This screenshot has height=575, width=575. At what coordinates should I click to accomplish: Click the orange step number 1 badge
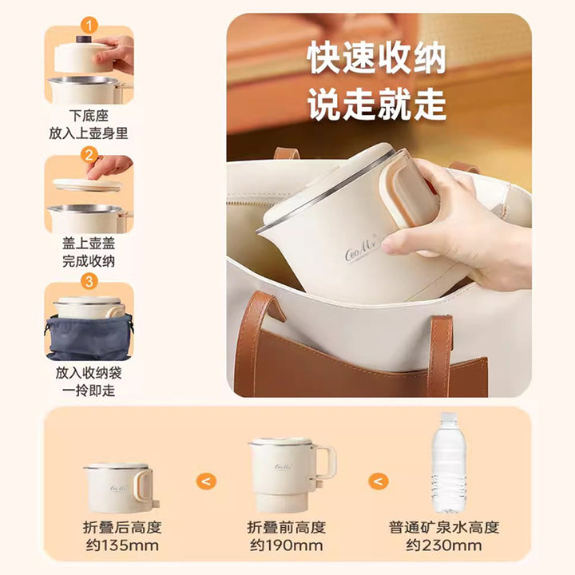point(89,26)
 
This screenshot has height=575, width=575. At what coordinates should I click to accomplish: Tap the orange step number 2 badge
point(89,155)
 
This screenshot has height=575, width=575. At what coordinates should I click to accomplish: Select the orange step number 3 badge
point(89,282)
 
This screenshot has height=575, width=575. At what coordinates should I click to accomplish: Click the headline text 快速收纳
point(377,57)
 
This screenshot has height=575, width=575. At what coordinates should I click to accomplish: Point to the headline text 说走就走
point(377,104)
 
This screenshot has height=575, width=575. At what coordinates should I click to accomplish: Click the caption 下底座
point(89,116)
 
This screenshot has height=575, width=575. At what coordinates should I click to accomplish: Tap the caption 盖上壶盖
point(89,243)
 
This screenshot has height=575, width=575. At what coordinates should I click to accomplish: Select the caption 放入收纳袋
point(89,373)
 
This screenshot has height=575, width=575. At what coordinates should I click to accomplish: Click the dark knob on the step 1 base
point(84,39)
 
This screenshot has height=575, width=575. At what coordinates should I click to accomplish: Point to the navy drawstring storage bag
point(89,337)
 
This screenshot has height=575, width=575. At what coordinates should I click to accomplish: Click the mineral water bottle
point(449,462)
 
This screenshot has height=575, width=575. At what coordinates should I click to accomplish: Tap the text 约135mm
point(122,545)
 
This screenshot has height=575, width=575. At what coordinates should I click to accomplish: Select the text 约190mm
point(287,545)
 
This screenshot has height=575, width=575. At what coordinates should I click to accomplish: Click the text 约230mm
point(444,545)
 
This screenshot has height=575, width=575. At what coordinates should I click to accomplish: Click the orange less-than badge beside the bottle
point(378,481)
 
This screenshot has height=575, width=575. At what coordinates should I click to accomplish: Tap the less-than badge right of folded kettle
point(207,481)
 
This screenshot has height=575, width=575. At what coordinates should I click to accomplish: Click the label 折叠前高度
point(287,527)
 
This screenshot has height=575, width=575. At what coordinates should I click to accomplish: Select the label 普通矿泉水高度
point(444,527)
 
